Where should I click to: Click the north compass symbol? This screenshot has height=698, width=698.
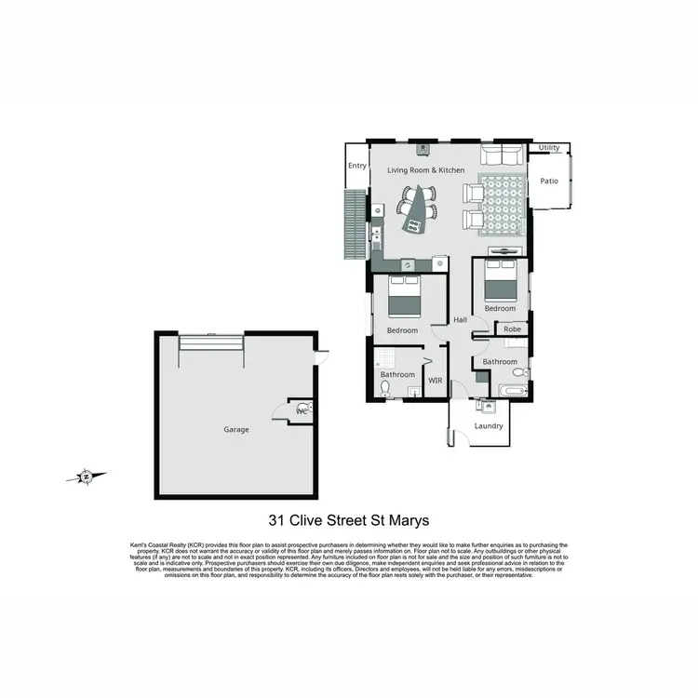coord(86,477)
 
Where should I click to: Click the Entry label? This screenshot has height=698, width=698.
coord(357,166)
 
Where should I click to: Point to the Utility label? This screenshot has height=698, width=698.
coord(549,148)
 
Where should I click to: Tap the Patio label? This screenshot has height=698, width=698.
coord(549,181)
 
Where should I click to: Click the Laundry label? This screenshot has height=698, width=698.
coord(489,425)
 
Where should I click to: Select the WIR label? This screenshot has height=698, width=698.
coord(435,380)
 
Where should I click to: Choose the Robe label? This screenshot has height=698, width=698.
coord(512,329)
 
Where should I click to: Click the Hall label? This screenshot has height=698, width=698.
coord(460,320)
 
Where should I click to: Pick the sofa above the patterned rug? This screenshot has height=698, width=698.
coord(502,154)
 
